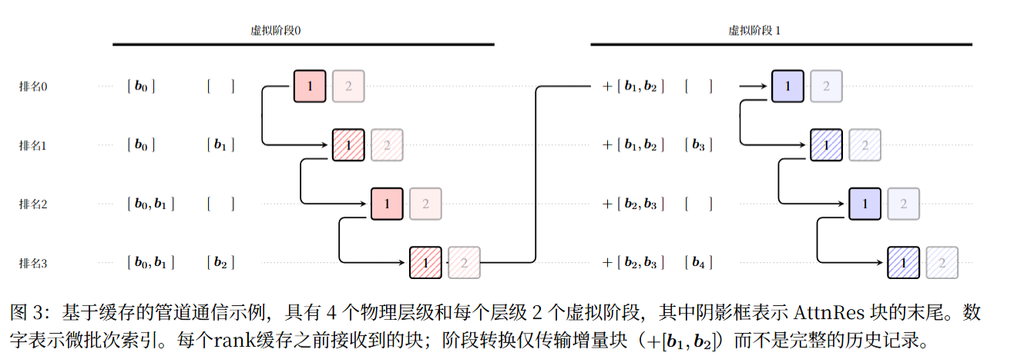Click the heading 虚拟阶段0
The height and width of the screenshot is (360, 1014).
[x=275, y=31]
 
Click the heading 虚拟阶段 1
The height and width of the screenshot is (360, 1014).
[x=754, y=31]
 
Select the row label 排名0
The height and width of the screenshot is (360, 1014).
[x=33, y=86]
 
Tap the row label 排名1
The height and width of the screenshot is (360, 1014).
[x=33, y=145]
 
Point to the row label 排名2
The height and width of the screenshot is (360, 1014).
[x=33, y=204]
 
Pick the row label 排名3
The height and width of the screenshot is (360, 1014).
[x=33, y=264]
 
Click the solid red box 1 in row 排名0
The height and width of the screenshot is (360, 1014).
[x=310, y=86]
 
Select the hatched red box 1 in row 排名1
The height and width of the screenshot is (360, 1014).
[x=348, y=145]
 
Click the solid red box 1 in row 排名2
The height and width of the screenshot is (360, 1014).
[x=387, y=204]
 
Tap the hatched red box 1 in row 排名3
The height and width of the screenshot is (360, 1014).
[x=425, y=263]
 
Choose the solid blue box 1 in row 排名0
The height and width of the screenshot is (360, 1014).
[x=787, y=86]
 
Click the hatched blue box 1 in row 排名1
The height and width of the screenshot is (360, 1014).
[x=826, y=145]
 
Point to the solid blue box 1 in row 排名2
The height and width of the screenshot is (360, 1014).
[x=865, y=204]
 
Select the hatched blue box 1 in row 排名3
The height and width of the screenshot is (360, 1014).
[x=903, y=263]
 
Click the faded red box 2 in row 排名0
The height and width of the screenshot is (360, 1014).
[x=348, y=86]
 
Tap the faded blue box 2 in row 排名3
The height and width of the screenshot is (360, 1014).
[x=942, y=263]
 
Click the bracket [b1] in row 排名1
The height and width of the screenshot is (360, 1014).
[x=220, y=145]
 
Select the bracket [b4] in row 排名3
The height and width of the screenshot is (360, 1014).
[x=698, y=264]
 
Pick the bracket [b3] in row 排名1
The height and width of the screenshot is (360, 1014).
[x=698, y=145]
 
